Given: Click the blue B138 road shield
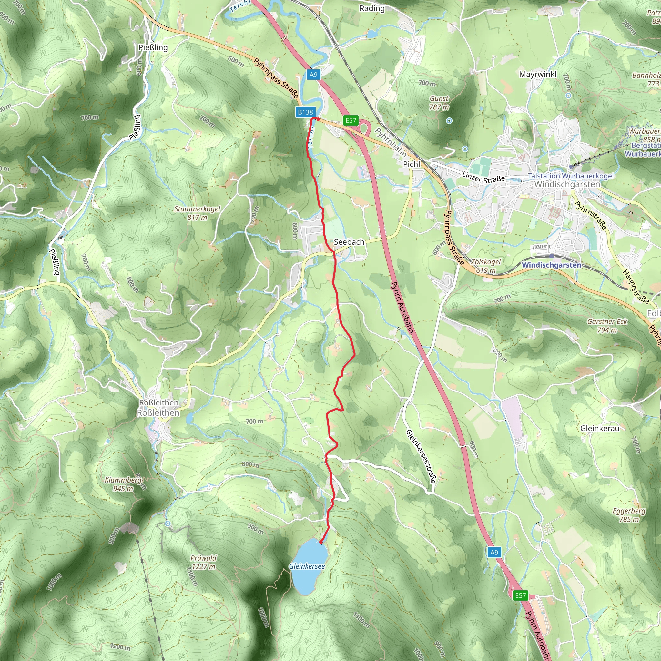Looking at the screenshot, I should [305, 112].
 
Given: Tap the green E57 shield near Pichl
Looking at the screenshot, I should [351, 120].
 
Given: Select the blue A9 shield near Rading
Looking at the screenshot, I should [313, 75].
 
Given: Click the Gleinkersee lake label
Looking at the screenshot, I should [307, 566].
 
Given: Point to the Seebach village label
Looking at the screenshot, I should [349, 242].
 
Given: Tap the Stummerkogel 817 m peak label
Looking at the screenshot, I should [198, 213].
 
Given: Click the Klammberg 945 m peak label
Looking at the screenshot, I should [123, 484].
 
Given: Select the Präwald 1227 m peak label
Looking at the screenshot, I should [204, 562].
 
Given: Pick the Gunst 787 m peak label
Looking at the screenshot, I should [439, 103].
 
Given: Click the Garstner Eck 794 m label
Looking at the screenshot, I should [607, 326].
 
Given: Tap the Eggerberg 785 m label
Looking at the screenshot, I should [629, 515].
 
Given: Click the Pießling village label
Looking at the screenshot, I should [153, 47].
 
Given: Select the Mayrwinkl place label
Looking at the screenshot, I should [538, 74].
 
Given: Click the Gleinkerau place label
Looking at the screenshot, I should [600, 428].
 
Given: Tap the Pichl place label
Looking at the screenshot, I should [411, 164].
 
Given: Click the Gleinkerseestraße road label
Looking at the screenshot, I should [421, 456].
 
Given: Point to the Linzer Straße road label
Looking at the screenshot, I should [483, 177].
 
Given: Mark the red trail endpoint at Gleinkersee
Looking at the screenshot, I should [321, 542].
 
